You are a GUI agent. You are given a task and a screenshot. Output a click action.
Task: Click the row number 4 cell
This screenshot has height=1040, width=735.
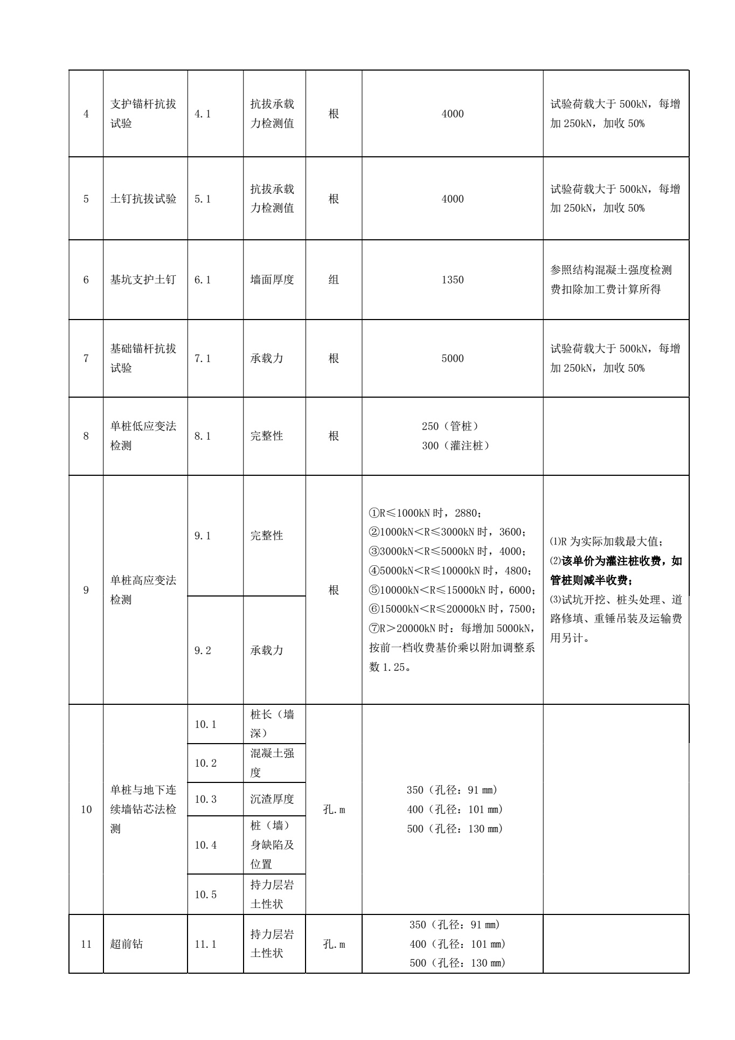click(86, 114)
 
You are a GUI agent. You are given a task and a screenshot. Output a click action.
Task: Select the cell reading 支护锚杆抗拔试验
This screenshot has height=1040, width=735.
click(143, 114)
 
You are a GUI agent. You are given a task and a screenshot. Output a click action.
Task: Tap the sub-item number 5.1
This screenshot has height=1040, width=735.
click(203, 199)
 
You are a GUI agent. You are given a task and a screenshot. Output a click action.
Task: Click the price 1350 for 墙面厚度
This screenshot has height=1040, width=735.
click(452, 280)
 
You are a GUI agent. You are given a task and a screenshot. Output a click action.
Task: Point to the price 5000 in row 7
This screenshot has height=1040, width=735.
click(452, 359)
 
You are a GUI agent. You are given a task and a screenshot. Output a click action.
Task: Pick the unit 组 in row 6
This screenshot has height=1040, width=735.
click(334, 280)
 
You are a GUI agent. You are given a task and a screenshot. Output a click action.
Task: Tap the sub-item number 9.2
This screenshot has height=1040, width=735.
click(203, 651)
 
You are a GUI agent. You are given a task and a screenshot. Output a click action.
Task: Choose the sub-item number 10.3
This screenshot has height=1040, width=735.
click(205, 800)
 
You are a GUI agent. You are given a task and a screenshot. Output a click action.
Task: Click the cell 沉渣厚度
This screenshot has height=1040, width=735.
click(272, 800)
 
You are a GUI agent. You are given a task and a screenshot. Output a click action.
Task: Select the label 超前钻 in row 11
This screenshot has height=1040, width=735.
click(127, 945)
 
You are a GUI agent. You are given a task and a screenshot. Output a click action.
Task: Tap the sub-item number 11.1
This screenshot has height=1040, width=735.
click(205, 945)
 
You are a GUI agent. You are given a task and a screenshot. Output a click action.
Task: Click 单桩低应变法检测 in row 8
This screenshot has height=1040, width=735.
click(143, 436)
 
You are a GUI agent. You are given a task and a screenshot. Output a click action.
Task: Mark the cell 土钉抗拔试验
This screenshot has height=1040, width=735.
click(143, 199)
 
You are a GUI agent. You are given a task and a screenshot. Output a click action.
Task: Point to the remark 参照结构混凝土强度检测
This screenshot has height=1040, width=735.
click(611, 271)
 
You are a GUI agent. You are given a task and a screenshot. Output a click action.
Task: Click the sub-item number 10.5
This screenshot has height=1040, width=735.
click(205, 895)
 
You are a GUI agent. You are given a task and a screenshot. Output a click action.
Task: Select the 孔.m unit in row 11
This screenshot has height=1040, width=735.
click(334, 945)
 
